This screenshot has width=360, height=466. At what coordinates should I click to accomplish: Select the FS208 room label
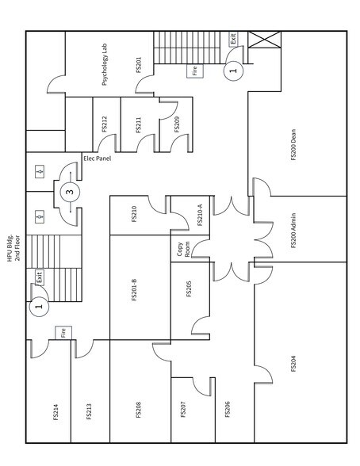138,409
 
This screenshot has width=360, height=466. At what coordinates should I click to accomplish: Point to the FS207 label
183,409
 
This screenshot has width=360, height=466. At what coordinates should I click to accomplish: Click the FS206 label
228,409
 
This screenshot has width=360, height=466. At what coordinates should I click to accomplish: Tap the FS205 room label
189,288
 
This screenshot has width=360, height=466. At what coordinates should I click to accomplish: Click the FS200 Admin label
293,230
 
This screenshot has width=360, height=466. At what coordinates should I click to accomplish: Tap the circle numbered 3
70,191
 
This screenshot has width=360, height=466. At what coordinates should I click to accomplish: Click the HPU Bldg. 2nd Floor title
14,245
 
